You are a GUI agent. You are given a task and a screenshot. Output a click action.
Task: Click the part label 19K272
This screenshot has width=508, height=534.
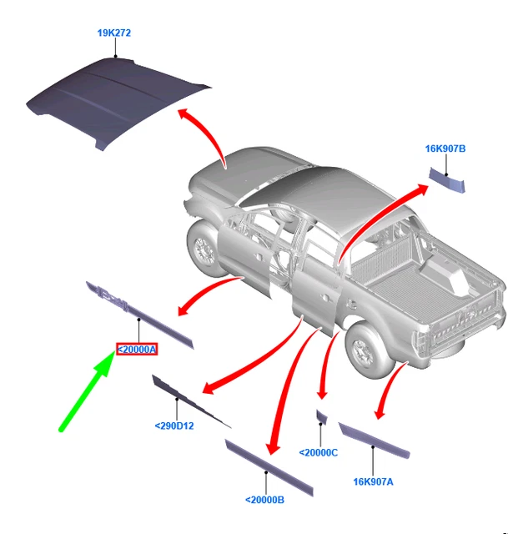(x=114, y=33)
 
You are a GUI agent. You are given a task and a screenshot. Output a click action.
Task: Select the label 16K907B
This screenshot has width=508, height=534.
(x=445, y=149)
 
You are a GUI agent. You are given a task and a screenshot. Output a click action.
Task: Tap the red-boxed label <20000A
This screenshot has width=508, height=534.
(x=137, y=350)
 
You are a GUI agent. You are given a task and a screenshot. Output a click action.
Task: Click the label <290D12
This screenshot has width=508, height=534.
(x=174, y=426)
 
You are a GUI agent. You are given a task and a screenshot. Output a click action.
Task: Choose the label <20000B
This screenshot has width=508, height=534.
(x=265, y=500)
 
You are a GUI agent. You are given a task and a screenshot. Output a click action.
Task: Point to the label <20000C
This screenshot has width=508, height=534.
(x=319, y=452)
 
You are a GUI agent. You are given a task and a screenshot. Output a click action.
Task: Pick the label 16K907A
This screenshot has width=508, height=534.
(x=373, y=482)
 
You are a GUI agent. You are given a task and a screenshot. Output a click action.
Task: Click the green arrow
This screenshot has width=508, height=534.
(x=87, y=392)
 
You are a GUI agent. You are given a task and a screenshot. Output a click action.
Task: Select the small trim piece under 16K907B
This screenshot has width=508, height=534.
(x=447, y=180)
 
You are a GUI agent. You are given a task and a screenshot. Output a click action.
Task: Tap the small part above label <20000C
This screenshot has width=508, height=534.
(x=322, y=417)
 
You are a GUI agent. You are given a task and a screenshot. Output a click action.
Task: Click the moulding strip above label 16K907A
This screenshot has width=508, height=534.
(x=374, y=441)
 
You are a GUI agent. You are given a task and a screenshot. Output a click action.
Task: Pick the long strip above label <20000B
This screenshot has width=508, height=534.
(x=269, y=468)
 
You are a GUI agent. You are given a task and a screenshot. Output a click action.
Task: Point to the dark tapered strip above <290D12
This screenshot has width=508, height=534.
(x=191, y=401)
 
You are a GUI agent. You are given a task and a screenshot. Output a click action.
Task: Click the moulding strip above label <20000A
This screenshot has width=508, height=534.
(x=139, y=315)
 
